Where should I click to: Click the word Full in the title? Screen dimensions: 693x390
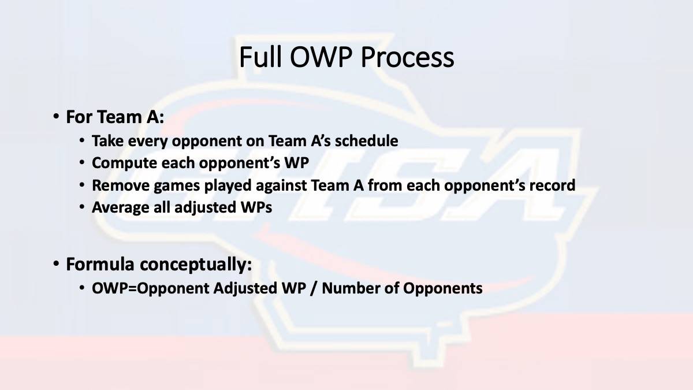(260, 57)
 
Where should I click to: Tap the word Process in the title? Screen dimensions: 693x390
(407, 57)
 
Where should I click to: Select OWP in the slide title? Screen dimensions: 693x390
(321, 57)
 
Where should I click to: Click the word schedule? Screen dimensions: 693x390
(367, 140)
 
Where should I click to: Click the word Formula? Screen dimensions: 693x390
(100, 264)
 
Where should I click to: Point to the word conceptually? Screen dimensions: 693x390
(196, 265)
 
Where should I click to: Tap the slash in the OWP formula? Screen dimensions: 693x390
(314, 288)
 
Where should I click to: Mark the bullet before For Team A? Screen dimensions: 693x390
(56, 117)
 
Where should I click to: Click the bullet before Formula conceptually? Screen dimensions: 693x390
(56, 264)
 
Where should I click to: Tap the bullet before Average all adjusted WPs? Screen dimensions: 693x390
(81, 207)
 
